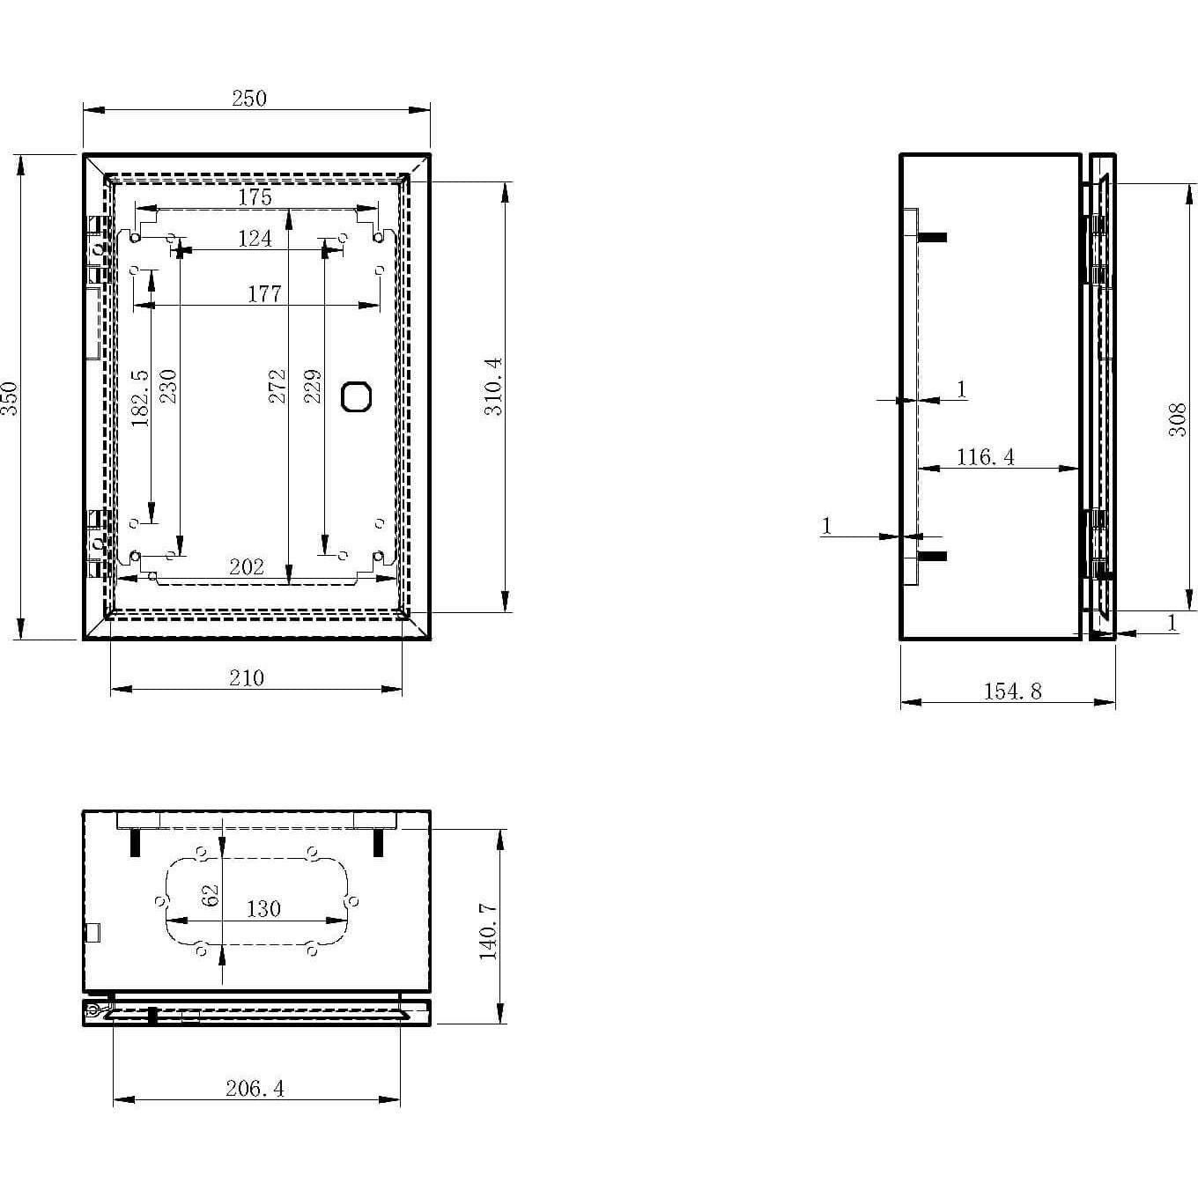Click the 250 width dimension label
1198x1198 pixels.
point(249,99)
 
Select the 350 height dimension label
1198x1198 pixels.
point(10,397)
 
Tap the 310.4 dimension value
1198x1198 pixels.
point(493,387)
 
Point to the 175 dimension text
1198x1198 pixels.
point(255,198)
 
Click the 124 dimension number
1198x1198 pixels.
point(255,239)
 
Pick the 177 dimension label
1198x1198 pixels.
point(263,294)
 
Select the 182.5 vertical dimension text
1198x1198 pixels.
point(140,397)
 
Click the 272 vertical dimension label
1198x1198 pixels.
point(277,387)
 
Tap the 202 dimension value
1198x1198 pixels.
point(246,567)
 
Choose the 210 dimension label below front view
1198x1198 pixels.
point(247,677)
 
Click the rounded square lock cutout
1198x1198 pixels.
point(356,396)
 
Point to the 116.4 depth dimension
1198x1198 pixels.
point(986,457)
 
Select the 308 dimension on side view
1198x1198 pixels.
point(1178,420)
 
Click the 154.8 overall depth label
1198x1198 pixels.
point(1013,691)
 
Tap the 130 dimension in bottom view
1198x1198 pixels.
point(263,909)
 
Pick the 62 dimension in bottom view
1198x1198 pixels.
point(210,896)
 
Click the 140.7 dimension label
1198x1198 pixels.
point(488,931)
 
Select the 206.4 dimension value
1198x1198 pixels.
point(255,1089)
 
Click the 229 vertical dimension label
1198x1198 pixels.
point(313,387)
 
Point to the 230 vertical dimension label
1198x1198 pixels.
point(167,387)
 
